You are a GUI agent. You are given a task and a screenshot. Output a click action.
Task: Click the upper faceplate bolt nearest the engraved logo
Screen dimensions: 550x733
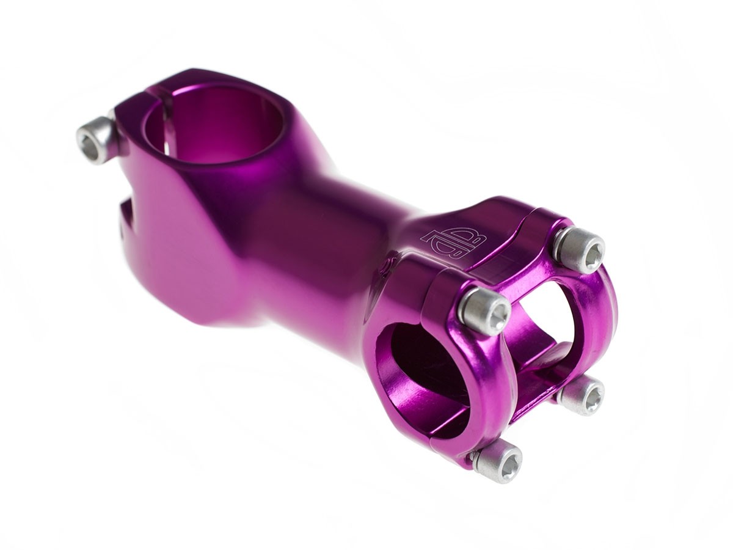tap(484, 310)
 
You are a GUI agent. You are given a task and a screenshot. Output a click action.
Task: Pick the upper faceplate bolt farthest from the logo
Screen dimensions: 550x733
tap(578, 249)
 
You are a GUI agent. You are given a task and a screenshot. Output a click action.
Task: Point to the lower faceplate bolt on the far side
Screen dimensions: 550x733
tap(580, 395)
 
